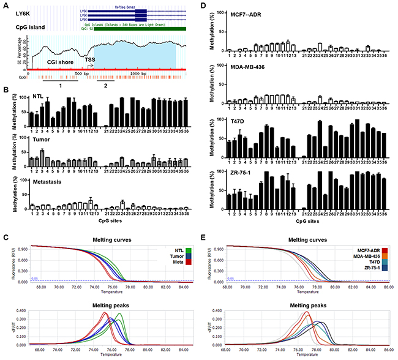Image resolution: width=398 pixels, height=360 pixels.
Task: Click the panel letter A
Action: pyautogui.click(x=5, y=5)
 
